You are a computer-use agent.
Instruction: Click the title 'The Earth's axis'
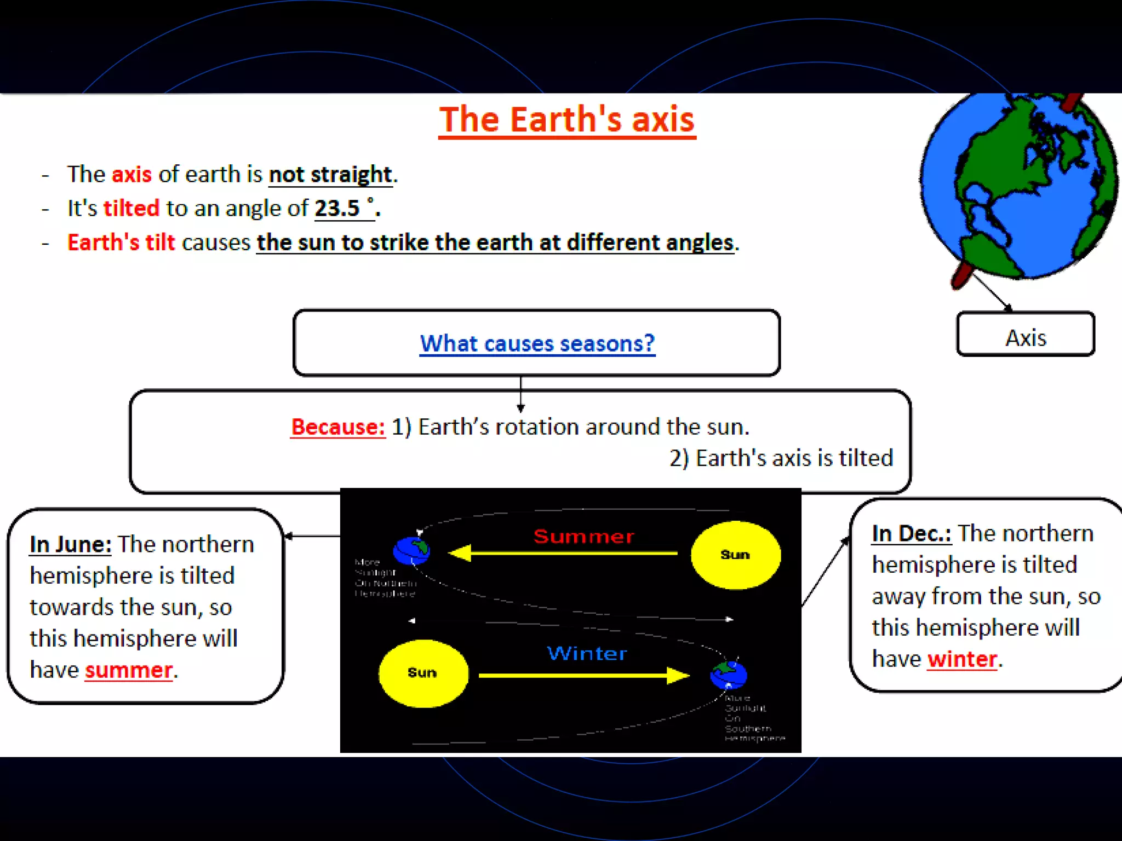coord(567,120)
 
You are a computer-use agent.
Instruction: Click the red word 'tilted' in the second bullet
coord(131,209)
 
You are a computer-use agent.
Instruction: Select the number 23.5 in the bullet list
coord(337,209)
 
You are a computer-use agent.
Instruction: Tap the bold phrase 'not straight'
coord(330,175)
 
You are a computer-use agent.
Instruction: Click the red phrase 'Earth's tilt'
coord(121,243)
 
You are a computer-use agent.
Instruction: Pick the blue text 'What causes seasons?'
coord(537,343)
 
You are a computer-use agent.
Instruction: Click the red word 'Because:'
coord(338,427)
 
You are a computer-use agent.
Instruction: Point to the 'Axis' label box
coord(1025,335)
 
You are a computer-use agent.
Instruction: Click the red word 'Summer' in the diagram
coord(583,536)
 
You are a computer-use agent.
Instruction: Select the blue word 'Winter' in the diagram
coord(587,653)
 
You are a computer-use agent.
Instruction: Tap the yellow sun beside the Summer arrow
coord(735,555)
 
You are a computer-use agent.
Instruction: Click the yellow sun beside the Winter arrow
coord(423,673)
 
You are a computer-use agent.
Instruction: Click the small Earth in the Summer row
coord(411,550)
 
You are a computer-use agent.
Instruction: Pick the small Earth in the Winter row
coord(728,675)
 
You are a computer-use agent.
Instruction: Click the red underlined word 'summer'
coord(129,670)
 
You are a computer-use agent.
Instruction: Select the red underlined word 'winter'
coord(962,659)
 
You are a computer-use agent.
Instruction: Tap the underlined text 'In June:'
coord(71,544)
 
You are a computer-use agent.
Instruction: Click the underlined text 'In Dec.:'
coord(912,533)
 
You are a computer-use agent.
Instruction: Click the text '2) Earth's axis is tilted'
coord(781,458)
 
